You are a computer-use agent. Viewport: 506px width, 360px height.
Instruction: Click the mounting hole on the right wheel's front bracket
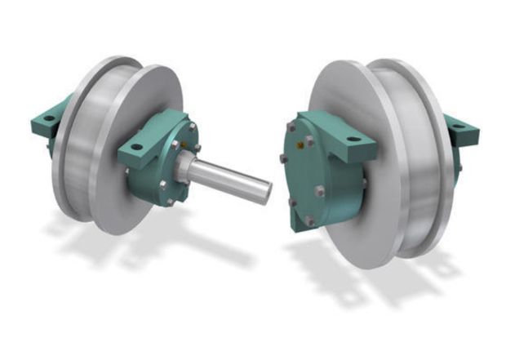tap(351, 140)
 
